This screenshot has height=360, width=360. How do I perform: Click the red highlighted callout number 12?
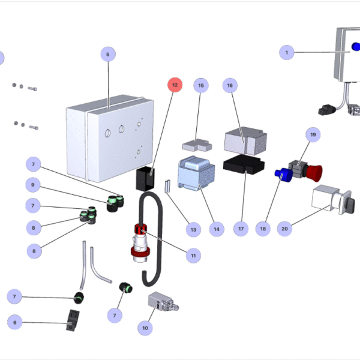point(175,85)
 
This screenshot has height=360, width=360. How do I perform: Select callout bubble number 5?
point(107,55)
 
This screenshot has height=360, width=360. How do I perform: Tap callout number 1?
point(287,52)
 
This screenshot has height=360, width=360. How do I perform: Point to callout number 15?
point(201,86)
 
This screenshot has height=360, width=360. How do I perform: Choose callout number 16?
point(230,86)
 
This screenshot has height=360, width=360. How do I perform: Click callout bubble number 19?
point(313,134)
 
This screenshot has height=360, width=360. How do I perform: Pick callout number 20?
point(285,228)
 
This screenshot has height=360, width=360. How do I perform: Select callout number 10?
point(145,328)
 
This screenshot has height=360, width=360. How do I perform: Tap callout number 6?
point(16,322)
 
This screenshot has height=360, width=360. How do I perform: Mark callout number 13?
point(193,229)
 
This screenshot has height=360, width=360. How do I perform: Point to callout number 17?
point(241,228)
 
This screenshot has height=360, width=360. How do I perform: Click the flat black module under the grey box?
point(243,164)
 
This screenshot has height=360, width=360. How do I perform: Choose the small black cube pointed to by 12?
point(144,178)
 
